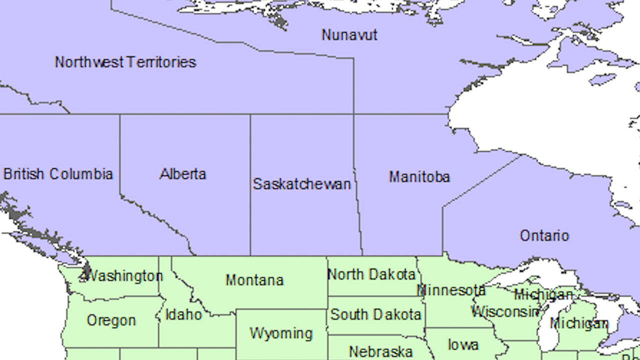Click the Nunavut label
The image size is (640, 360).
[x=349, y=35]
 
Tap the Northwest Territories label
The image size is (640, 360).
[x=125, y=62]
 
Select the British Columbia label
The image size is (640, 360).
[x=58, y=174]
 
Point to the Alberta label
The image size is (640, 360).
[x=183, y=174]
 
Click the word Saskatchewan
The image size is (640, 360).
[x=301, y=184]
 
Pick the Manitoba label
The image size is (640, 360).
[x=419, y=177]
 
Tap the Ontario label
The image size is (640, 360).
[x=544, y=235]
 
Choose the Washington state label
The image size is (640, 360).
[x=124, y=276]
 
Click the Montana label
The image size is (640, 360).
[x=254, y=280]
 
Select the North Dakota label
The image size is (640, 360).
[x=371, y=274]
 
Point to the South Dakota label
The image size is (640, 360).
[x=375, y=314]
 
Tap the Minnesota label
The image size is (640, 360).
[x=451, y=290]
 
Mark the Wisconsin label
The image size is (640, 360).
[x=505, y=312]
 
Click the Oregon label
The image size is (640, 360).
[x=111, y=320]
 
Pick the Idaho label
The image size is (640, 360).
[x=183, y=315]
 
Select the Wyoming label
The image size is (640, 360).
[x=281, y=333]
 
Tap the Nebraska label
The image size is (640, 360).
[x=380, y=352]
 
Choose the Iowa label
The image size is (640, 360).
[x=463, y=344]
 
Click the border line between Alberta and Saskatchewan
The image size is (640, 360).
[x=250, y=200]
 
